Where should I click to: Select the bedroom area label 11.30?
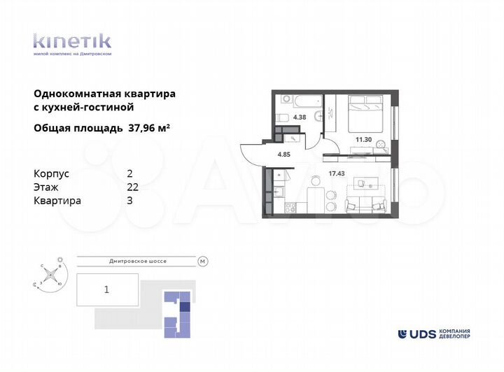[363, 139]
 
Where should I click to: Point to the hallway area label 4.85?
[283, 154]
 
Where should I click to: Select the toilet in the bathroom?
[283, 117]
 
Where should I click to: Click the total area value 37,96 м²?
[150, 128]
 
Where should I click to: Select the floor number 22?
[132, 187]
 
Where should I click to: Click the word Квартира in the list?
[57, 201]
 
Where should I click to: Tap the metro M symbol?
[203, 262]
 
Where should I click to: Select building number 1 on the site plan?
[106, 288]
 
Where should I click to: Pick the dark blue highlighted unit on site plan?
[185, 305]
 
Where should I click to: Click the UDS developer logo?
[434, 334]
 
